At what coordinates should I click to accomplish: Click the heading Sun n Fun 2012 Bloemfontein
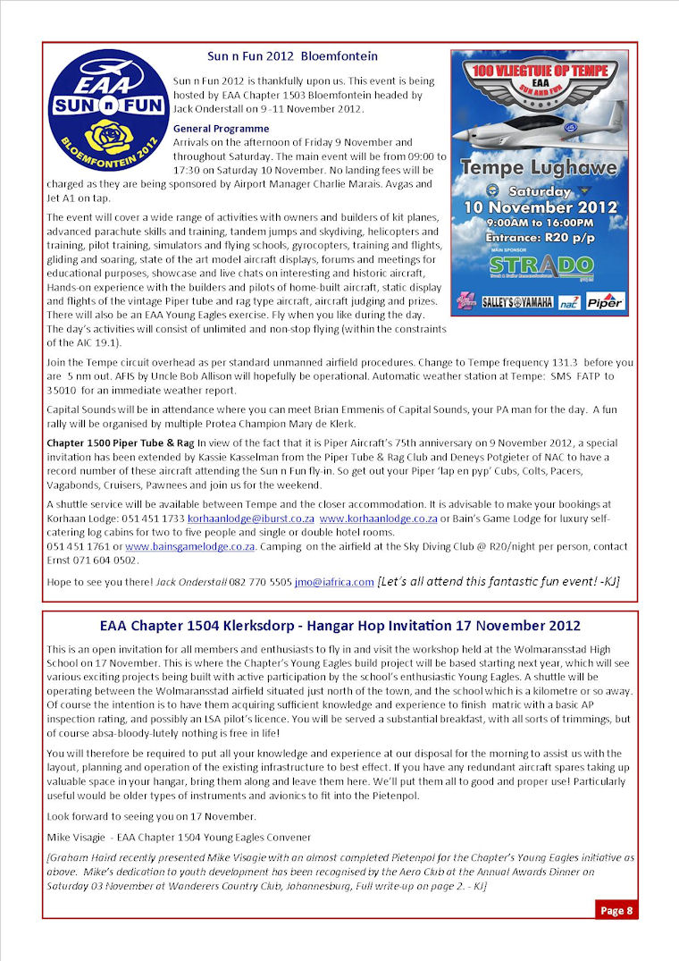(x=292, y=55)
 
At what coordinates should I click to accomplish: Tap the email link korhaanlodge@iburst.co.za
(x=250, y=519)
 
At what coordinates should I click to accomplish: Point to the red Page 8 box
(x=616, y=910)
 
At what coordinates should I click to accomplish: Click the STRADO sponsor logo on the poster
(x=542, y=267)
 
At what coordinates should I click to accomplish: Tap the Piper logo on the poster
(x=606, y=301)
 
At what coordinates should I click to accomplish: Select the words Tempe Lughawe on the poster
(x=537, y=166)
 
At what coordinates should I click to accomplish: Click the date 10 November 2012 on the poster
(x=539, y=207)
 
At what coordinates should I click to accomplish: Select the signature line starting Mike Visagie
(x=179, y=837)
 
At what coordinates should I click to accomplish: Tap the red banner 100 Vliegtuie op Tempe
(x=539, y=67)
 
